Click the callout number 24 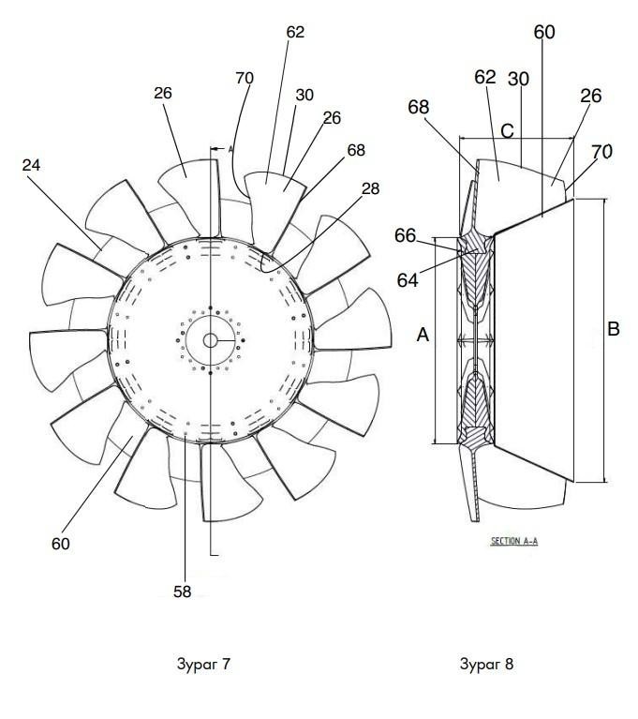31,165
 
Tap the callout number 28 370,188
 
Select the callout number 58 182,592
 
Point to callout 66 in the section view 405,235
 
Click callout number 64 408,279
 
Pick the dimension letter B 614,329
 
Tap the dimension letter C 507,131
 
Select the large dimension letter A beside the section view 423,335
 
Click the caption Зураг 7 203,664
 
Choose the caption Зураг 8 487,664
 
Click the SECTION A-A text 514,541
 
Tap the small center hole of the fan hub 211,340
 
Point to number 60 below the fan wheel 61,544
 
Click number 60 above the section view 544,32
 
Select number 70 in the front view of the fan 245,79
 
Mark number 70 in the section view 601,152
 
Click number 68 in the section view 419,107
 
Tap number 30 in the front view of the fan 304,95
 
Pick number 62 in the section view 485,77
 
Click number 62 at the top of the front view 295,32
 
